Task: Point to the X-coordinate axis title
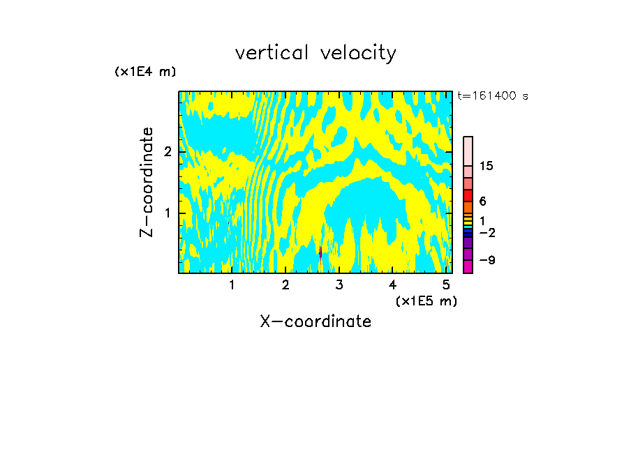(x=315, y=321)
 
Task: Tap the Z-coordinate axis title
(x=147, y=182)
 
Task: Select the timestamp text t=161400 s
(x=492, y=96)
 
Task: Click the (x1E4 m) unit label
(x=145, y=72)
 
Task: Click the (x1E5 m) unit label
(x=426, y=301)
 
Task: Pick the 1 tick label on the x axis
(x=232, y=284)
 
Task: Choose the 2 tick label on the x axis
(x=285, y=284)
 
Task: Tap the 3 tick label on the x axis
(x=339, y=284)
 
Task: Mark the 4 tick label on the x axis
(x=392, y=284)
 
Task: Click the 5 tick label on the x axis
(x=446, y=284)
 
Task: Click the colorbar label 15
(x=487, y=166)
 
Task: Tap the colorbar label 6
(x=482, y=201)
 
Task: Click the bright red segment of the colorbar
(x=468, y=195)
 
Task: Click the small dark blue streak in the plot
(x=320, y=252)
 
